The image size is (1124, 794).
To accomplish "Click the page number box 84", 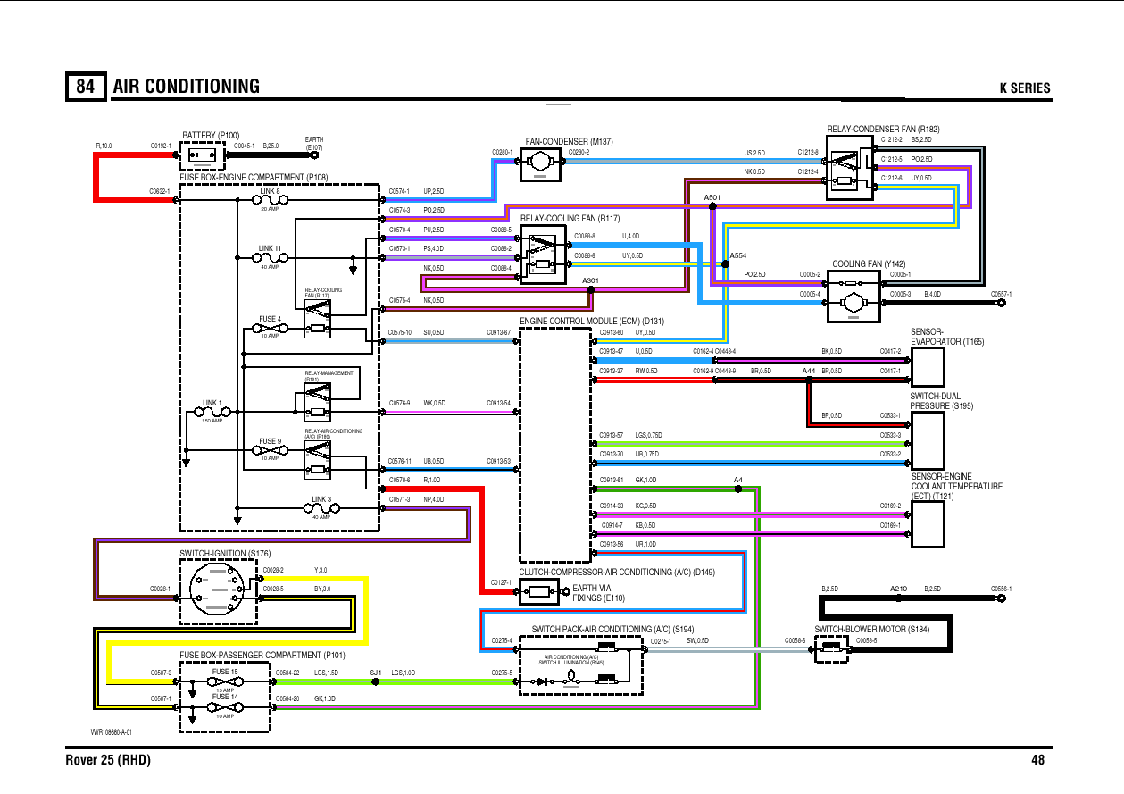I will [86, 86].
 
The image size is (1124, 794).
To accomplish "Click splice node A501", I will [712, 206].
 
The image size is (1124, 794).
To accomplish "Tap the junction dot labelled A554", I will [724, 264].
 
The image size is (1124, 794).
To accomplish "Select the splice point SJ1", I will [376, 681].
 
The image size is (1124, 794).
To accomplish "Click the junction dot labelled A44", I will [809, 380].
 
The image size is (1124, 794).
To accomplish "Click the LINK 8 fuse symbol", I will [271, 201].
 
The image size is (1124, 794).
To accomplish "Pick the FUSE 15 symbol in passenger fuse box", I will [224, 681].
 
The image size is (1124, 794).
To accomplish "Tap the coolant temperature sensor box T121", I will [927, 523].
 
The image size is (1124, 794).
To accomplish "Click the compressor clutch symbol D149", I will [539, 590].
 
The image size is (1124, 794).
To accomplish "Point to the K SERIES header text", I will [1024, 88].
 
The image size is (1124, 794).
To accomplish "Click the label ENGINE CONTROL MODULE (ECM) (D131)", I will [592, 321].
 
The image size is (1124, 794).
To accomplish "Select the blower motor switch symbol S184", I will [832, 649].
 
